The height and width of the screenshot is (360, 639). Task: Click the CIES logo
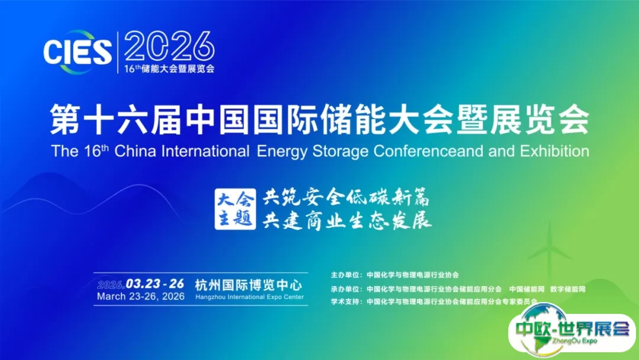[78, 52]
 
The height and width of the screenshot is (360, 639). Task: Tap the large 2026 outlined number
[169, 46]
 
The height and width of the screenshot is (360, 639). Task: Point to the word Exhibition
[554, 151]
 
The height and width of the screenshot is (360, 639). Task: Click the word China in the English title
[135, 151]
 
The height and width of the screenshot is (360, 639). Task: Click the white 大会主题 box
[235, 209]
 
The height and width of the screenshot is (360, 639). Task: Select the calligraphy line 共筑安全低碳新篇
[346, 198]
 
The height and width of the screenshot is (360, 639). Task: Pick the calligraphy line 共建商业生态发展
[347, 221]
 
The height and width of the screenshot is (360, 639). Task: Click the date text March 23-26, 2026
[141, 297]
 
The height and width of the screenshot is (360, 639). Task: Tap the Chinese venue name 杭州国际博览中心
[248, 285]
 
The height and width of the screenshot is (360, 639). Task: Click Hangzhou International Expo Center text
[250, 297]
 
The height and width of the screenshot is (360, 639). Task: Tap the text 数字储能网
[567, 289]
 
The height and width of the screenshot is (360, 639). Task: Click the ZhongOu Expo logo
[573, 331]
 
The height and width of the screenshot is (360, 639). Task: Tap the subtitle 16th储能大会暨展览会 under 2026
[170, 69]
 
